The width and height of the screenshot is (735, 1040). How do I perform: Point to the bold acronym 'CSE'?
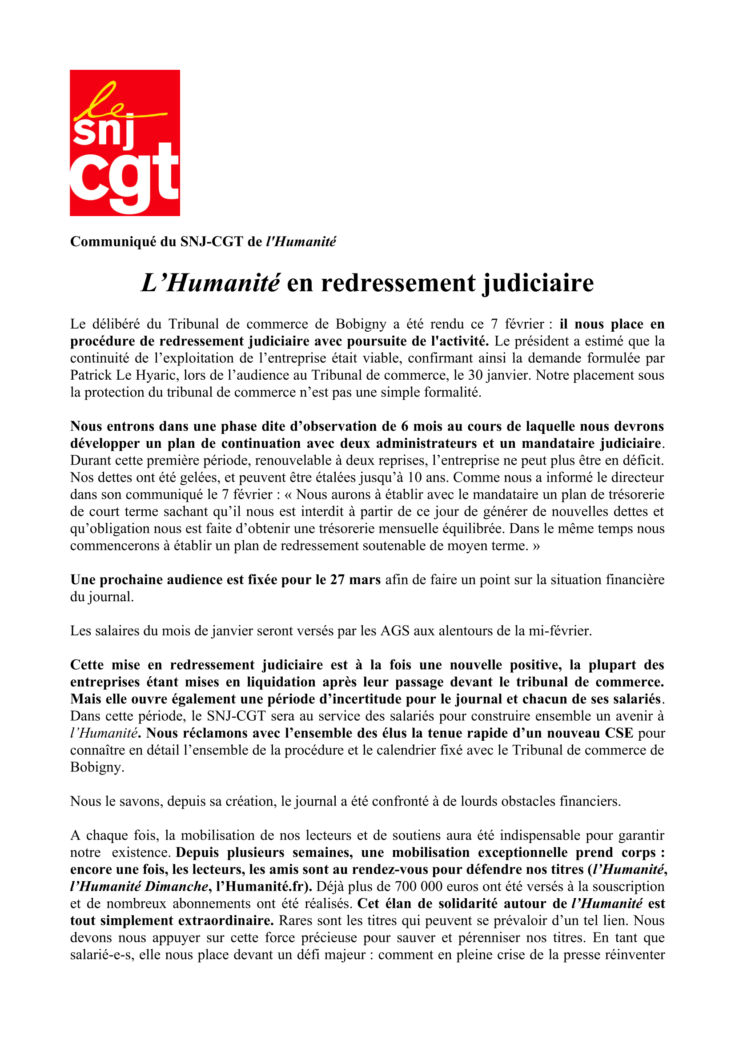619,733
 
